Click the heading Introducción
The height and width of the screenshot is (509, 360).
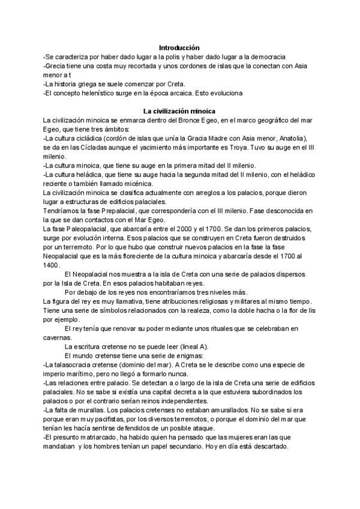(x=179, y=47)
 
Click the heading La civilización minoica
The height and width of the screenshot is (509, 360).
(x=179, y=111)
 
